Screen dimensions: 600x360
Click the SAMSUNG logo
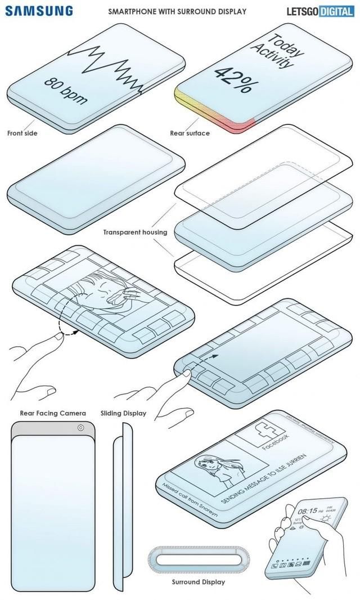[39, 10]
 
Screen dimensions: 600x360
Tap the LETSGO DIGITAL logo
[319, 10]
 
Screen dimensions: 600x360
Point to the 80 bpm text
[66, 89]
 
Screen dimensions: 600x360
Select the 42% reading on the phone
[232, 79]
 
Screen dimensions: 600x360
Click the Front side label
[22, 133]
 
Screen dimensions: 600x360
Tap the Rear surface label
[190, 133]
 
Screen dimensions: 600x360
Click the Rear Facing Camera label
[53, 413]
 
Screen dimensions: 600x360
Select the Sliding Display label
[123, 413]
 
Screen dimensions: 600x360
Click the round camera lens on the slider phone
[82, 428]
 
